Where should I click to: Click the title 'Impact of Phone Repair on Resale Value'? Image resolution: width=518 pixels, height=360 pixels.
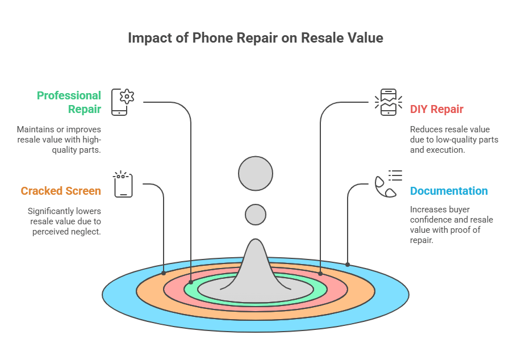(256, 38)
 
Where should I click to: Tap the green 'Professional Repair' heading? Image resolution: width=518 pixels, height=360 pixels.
(69, 102)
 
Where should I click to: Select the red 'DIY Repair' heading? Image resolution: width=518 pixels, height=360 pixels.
(436, 109)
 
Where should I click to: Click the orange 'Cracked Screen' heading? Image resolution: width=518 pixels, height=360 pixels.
(61, 191)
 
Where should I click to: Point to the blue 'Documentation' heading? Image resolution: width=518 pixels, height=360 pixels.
(449, 191)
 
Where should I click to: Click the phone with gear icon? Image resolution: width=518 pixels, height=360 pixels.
(123, 102)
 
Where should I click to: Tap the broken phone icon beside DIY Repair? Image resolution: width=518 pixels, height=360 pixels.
(389, 102)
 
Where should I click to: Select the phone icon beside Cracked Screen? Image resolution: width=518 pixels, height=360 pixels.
(123, 184)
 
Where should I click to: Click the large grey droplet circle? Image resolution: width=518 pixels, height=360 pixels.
(256, 173)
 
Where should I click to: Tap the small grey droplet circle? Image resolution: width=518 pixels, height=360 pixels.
(256, 215)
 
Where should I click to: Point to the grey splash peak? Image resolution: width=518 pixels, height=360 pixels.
(256, 264)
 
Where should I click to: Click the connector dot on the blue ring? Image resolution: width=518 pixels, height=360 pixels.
(348, 265)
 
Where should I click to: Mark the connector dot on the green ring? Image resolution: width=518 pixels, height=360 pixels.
(191, 282)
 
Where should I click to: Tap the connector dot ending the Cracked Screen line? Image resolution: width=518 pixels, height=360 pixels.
(164, 273)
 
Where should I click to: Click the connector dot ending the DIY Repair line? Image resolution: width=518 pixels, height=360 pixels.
(320, 274)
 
